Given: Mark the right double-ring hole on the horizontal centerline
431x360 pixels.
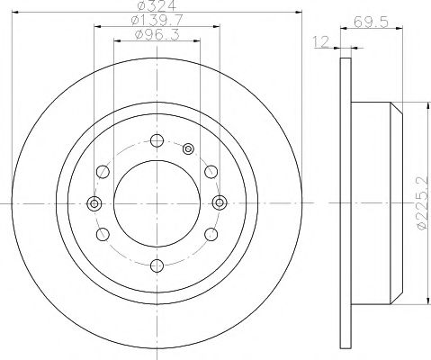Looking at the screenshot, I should (218, 202).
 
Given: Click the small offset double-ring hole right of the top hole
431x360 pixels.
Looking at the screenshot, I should (187, 148).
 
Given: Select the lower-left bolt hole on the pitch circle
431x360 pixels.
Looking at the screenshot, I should (103, 233).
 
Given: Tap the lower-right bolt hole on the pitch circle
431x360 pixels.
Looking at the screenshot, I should (210, 233).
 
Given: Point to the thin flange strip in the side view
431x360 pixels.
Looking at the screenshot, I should (344, 202).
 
